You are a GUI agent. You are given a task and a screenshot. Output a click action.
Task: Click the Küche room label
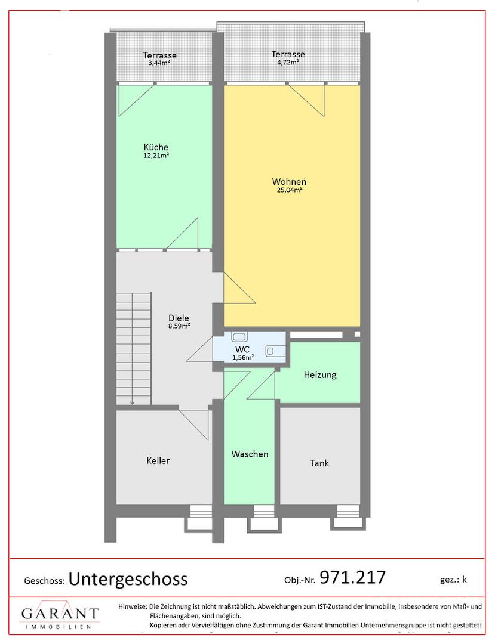coord(156,147)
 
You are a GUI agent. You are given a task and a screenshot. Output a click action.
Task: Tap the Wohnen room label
coord(289,181)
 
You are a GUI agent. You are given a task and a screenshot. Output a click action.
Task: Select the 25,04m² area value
coord(290,190)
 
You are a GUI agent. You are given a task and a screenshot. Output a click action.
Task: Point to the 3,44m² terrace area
coord(159,63)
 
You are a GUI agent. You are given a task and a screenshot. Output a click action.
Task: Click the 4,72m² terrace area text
coord(288,63)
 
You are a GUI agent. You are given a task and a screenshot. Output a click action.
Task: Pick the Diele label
coord(179,318)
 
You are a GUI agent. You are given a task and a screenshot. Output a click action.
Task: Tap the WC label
coord(242,350)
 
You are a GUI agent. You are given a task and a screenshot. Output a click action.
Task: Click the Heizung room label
coord(320,375)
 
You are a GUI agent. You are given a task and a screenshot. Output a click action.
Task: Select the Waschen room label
coord(250,454)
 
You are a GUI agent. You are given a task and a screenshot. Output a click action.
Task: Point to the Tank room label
coord(319,463)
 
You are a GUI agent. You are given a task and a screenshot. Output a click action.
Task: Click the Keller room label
coord(158,461)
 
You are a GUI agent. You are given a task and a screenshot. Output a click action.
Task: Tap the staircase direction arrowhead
coord(133,402)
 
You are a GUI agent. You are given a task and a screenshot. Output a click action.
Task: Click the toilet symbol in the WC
coord(239,337)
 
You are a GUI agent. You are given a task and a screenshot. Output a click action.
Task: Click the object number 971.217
coord(353,577)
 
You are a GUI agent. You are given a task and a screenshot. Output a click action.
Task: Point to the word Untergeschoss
coord(128,579)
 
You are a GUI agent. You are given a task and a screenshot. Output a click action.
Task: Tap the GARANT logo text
coord(60,614)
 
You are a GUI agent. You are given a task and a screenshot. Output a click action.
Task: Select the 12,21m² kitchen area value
coord(156,156)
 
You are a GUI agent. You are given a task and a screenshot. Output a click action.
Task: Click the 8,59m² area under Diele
coord(179,326)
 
